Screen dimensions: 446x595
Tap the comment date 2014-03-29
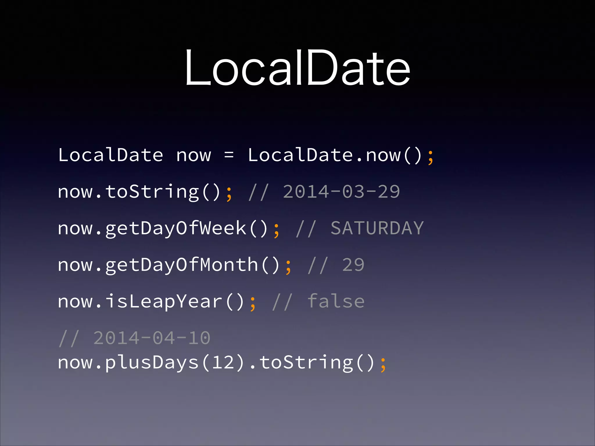pyautogui.click(x=341, y=192)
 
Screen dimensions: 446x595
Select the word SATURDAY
pyautogui.click(x=377, y=228)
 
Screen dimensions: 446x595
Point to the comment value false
pyautogui.click(x=336, y=301)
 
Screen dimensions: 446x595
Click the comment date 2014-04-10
pyautogui.click(x=152, y=338)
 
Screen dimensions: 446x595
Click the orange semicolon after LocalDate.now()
pyautogui.click(x=431, y=157)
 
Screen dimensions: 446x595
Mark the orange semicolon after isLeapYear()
pyautogui.click(x=253, y=303)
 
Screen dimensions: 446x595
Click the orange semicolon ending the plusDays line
pyautogui.click(x=383, y=364)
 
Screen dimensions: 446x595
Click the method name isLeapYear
pyautogui.click(x=164, y=301)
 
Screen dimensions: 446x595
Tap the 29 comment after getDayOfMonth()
pyautogui.click(x=353, y=265)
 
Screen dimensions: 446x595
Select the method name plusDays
pyautogui.click(x=152, y=363)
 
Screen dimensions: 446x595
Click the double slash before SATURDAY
pyautogui.click(x=306, y=229)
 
